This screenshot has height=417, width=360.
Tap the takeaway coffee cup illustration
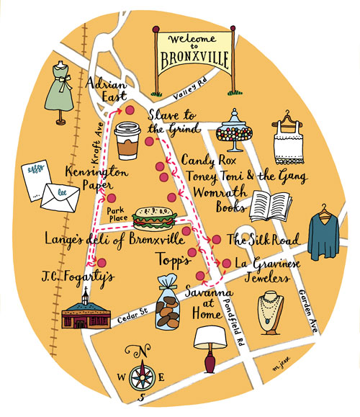[127, 140]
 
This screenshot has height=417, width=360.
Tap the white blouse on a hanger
[290, 140]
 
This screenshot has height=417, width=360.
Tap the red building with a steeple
[88, 315]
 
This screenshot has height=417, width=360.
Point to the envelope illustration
[60, 196]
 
